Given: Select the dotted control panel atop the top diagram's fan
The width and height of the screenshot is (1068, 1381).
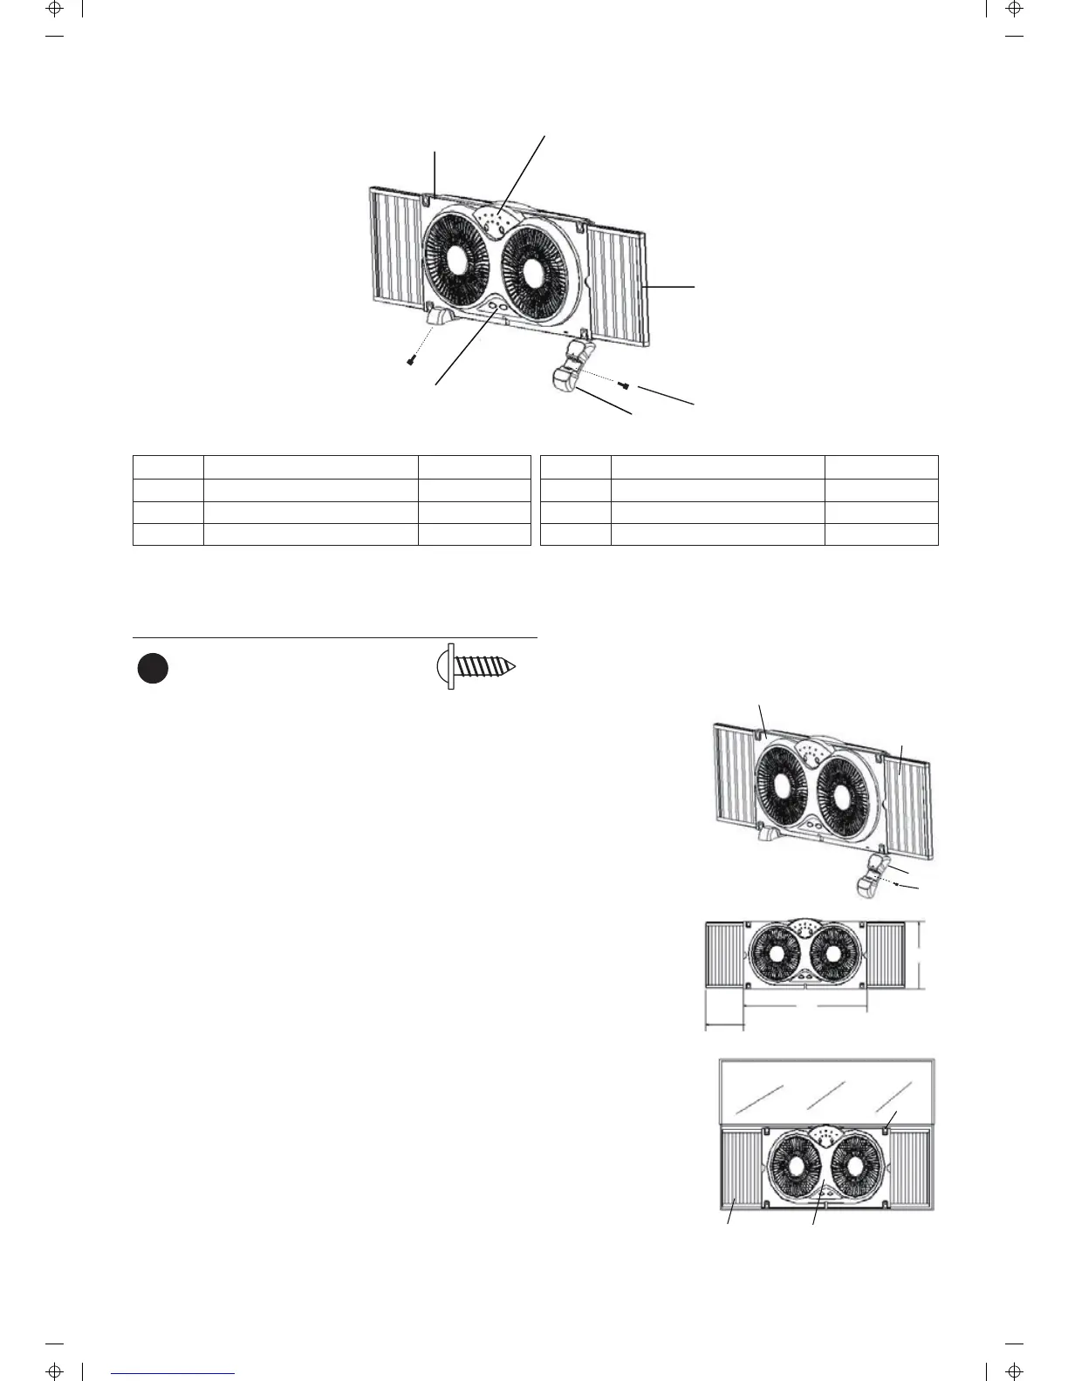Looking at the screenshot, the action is click(x=494, y=220).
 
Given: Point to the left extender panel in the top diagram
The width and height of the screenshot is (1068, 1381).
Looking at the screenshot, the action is click(x=397, y=249).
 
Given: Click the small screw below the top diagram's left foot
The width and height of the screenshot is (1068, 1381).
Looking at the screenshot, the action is click(x=409, y=360).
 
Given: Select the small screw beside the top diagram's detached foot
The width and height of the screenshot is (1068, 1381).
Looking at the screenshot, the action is click(x=624, y=384).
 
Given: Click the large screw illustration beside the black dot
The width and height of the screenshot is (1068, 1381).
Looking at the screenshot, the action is click(x=476, y=668).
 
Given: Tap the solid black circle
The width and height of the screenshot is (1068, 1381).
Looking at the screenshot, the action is click(x=153, y=669).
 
